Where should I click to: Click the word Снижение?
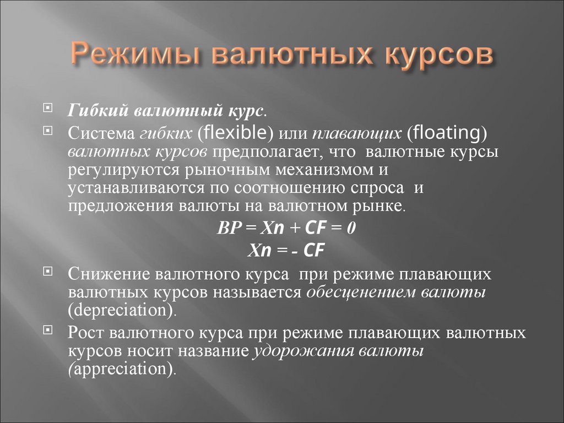109,274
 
